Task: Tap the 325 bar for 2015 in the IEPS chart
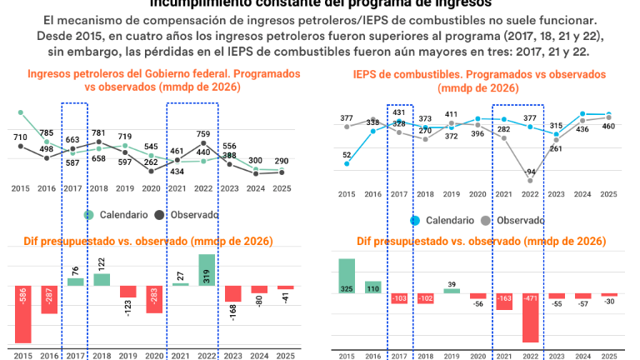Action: pos(346,276)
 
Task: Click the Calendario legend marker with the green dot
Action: pos(89,215)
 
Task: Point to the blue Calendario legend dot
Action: pos(416,221)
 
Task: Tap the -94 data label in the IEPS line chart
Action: pos(530,172)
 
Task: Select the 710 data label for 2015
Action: pos(21,137)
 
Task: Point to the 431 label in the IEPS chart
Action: pos(398,112)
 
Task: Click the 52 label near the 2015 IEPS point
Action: pos(346,155)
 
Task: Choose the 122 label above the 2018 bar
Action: pos(102,263)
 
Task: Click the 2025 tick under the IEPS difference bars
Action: pos(608,357)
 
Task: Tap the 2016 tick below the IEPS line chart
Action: pos(372,194)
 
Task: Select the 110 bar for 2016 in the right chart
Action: pos(372,287)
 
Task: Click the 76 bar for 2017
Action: pos(75,282)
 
